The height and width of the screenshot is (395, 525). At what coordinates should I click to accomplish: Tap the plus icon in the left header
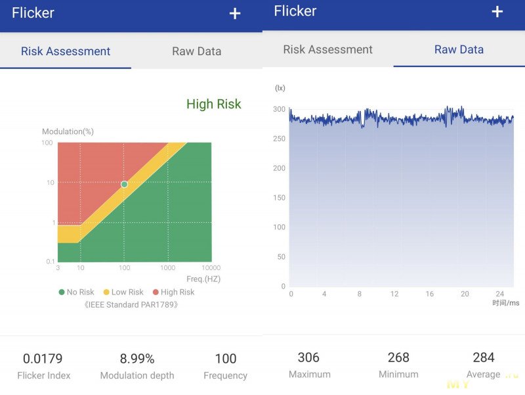coord(235,14)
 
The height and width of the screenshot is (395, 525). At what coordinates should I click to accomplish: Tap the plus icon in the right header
coord(497,12)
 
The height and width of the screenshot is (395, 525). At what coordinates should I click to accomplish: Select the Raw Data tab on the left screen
coord(196,51)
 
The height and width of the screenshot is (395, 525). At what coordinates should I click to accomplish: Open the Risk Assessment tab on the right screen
coord(327,50)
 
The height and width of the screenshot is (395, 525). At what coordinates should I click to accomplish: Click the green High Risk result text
coord(213,104)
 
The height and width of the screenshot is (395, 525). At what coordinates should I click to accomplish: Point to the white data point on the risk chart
coord(124,184)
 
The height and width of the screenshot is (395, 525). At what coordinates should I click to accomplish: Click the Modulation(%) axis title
coord(68,131)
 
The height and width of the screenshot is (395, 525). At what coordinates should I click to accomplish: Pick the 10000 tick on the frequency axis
coord(211,268)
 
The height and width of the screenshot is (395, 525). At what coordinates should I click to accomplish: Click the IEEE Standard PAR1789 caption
coord(131,305)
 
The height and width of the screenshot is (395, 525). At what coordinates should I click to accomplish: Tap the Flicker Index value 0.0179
coord(43,359)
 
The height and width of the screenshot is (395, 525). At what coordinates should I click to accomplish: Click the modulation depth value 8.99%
coord(137,359)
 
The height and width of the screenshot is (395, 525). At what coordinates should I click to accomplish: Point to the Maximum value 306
coord(308,358)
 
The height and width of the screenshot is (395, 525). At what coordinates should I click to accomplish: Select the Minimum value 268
coord(398,358)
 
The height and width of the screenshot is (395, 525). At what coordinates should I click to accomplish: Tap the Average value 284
coord(484,358)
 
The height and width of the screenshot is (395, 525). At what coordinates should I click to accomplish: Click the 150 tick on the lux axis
coord(280,198)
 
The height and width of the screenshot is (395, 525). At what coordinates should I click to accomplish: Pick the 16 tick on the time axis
coord(429,294)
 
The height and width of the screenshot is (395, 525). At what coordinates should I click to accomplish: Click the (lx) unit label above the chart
coord(280,88)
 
